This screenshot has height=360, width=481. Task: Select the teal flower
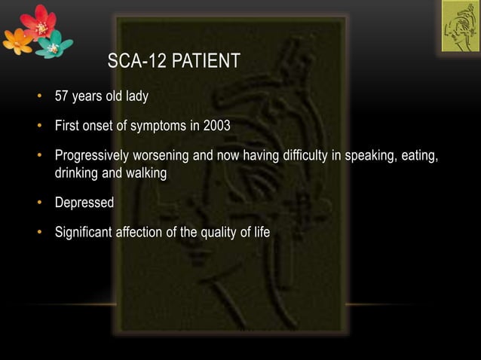[x=53, y=47]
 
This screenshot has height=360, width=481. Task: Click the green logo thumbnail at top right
[x=459, y=26]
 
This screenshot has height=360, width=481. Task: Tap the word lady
[x=135, y=96]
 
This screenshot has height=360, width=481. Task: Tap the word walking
[x=146, y=172]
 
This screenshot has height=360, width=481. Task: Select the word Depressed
[x=84, y=203]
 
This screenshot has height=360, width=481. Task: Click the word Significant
[x=83, y=232]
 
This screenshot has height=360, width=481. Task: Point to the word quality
[x=219, y=232]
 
